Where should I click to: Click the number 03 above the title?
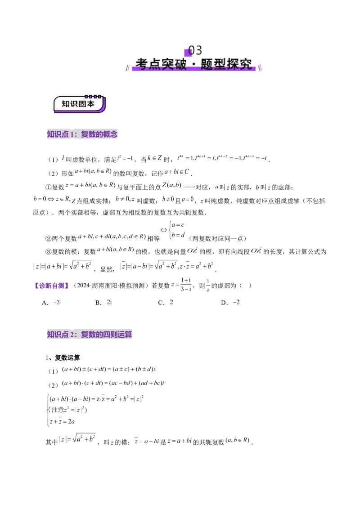[195, 50]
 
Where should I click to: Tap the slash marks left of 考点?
[127, 67]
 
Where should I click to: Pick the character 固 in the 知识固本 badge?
[83, 104]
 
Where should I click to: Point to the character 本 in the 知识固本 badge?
[91, 104]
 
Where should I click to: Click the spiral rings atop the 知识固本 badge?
[94, 96]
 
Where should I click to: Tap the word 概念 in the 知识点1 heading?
[110, 134]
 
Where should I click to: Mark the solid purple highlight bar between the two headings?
[52, 286]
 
